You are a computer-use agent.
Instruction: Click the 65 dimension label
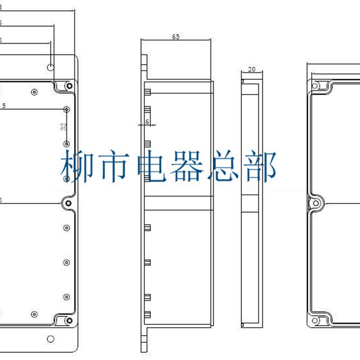click(x=175, y=37)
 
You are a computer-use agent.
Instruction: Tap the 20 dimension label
click(x=252, y=69)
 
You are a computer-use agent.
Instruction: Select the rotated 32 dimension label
click(x=63, y=127)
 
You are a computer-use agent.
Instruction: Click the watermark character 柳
click(x=76, y=166)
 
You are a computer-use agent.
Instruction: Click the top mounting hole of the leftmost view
click(x=51, y=67)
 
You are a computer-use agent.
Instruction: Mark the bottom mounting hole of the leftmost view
click(x=51, y=338)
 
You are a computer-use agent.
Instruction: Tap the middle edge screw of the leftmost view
click(x=68, y=203)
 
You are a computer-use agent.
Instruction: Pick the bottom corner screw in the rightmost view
click(x=316, y=320)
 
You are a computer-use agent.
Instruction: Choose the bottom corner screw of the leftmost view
click(x=69, y=320)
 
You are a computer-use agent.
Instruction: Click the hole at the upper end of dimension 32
click(x=67, y=109)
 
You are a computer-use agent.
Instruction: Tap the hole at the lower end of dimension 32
click(x=67, y=144)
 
